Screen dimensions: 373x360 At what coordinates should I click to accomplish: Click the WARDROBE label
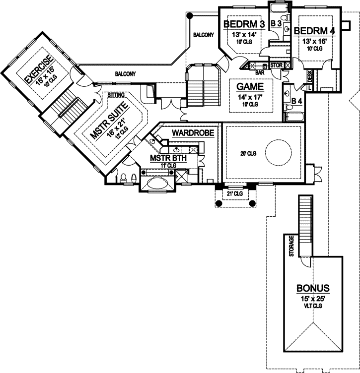click(193, 133)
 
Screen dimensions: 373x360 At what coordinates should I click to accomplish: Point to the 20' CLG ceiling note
click(247, 154)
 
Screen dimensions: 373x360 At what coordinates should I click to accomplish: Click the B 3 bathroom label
click(276, 23)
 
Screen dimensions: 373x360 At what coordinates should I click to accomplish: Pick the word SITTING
click(110, 94)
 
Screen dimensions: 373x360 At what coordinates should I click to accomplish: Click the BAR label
click(259, 72)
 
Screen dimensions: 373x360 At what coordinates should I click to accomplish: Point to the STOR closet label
click(277, 64)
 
